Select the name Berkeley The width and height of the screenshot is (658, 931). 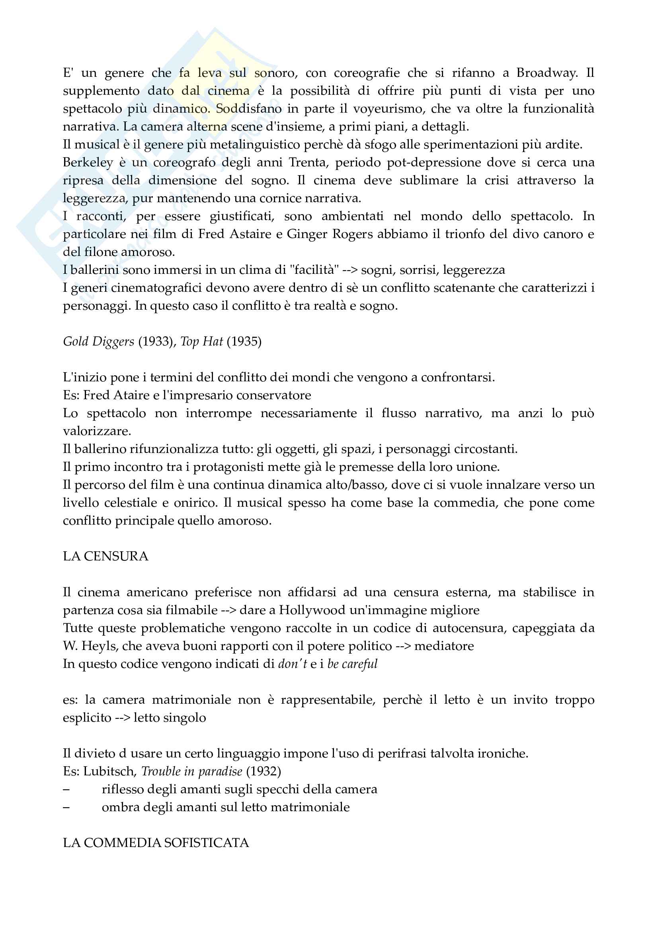click(x=88, y=163)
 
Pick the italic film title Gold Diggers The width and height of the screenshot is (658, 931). click(x=98, y=342)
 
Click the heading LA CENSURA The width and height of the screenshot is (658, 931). click(x=105, y=556)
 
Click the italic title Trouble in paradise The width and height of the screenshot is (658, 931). click(x=192, y=771)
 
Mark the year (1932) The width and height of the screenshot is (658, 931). click(x=264, y=771)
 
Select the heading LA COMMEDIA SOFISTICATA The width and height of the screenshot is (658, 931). click(x=156, y=843)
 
